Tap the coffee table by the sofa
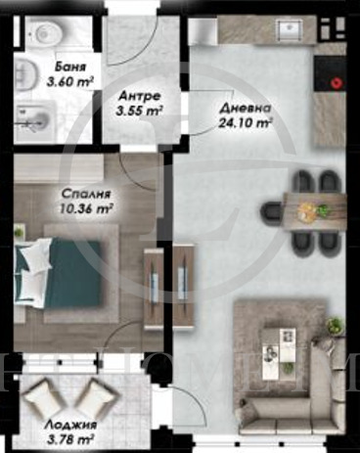(284, 346)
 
